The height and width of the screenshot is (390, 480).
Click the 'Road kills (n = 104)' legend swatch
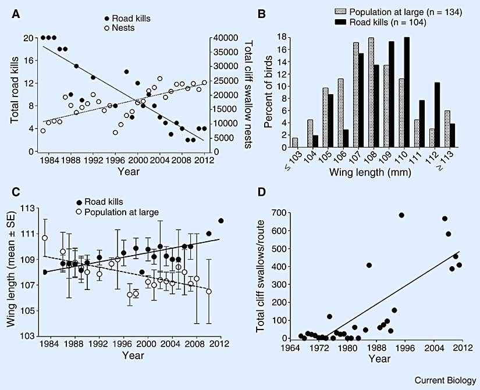tap(329, 23)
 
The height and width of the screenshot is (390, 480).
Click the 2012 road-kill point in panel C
tap(221, 221)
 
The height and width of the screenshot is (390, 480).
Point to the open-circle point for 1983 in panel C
tap(44, 238)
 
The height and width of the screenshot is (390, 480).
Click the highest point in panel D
tap(401, 216)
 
